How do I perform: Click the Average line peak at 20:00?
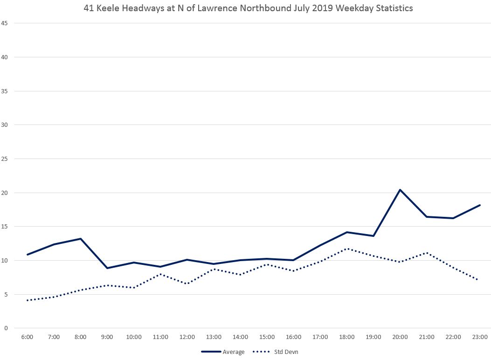tap(400, 190)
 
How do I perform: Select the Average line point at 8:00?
tap(81, 239)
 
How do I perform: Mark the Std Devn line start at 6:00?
tap(28, 300)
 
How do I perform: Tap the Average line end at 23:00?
tap(480, 205)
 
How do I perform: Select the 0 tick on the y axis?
tap(6, 328)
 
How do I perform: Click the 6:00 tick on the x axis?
tap(28, 337)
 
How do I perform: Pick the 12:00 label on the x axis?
tap(187, 337)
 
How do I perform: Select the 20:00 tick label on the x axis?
tap(400, 337)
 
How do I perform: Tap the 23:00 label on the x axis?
tap(480, 337)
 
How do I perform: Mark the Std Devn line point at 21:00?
tap(427, 253)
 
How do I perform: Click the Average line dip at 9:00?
tap(107, 268)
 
